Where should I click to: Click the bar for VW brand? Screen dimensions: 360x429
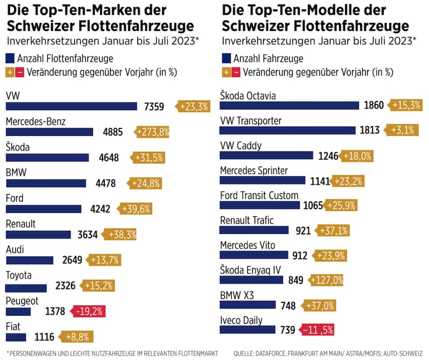(71, 106)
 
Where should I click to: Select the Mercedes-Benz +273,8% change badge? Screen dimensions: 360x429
(153, 132)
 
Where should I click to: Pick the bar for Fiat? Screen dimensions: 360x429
(16, 337)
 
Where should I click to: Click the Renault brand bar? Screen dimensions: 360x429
(38, 234)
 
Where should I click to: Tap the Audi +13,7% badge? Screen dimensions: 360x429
(103, 260)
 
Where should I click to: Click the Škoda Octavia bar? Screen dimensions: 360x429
(289, 105)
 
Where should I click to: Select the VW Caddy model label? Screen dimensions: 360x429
(241, 145)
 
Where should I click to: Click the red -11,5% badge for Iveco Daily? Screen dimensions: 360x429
(317, 330)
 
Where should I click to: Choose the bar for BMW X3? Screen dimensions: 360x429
(248, 305)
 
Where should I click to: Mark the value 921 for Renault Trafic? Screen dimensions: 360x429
(303, 230)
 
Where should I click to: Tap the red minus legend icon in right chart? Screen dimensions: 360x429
(236, 72)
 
